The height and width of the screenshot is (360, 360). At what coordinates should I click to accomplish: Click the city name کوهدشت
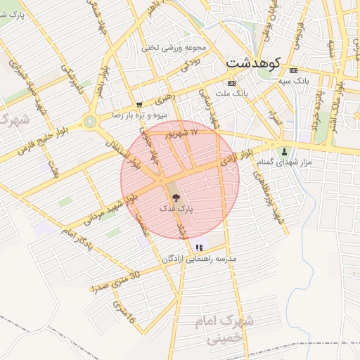(253, 63)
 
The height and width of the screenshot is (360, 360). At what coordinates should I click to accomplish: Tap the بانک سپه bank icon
(293, 70)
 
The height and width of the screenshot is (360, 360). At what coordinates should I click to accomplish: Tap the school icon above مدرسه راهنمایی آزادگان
(200, 247)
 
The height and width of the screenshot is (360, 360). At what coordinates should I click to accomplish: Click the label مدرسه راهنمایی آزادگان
(200, 259)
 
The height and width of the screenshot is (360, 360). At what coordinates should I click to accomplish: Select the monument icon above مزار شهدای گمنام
(284, 151)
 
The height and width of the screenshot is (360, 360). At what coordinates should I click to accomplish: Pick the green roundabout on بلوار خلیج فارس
(90, 122)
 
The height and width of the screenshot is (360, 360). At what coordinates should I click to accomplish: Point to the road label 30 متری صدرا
(115, 281)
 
